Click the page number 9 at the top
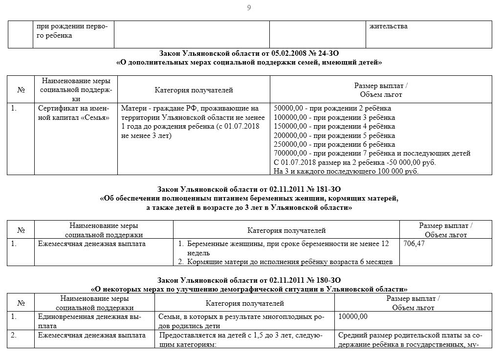tap(249, 7)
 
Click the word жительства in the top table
tap(389, 26)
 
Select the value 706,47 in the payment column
tap(414, 243)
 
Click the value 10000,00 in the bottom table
tap(352, 316)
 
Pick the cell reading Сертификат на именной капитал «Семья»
tap(74, 113)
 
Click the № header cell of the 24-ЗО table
tap(21, 90)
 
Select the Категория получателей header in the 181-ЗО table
tap(286, 230)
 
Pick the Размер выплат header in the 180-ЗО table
tap(413, 302)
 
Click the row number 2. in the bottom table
tap(14, 336)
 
